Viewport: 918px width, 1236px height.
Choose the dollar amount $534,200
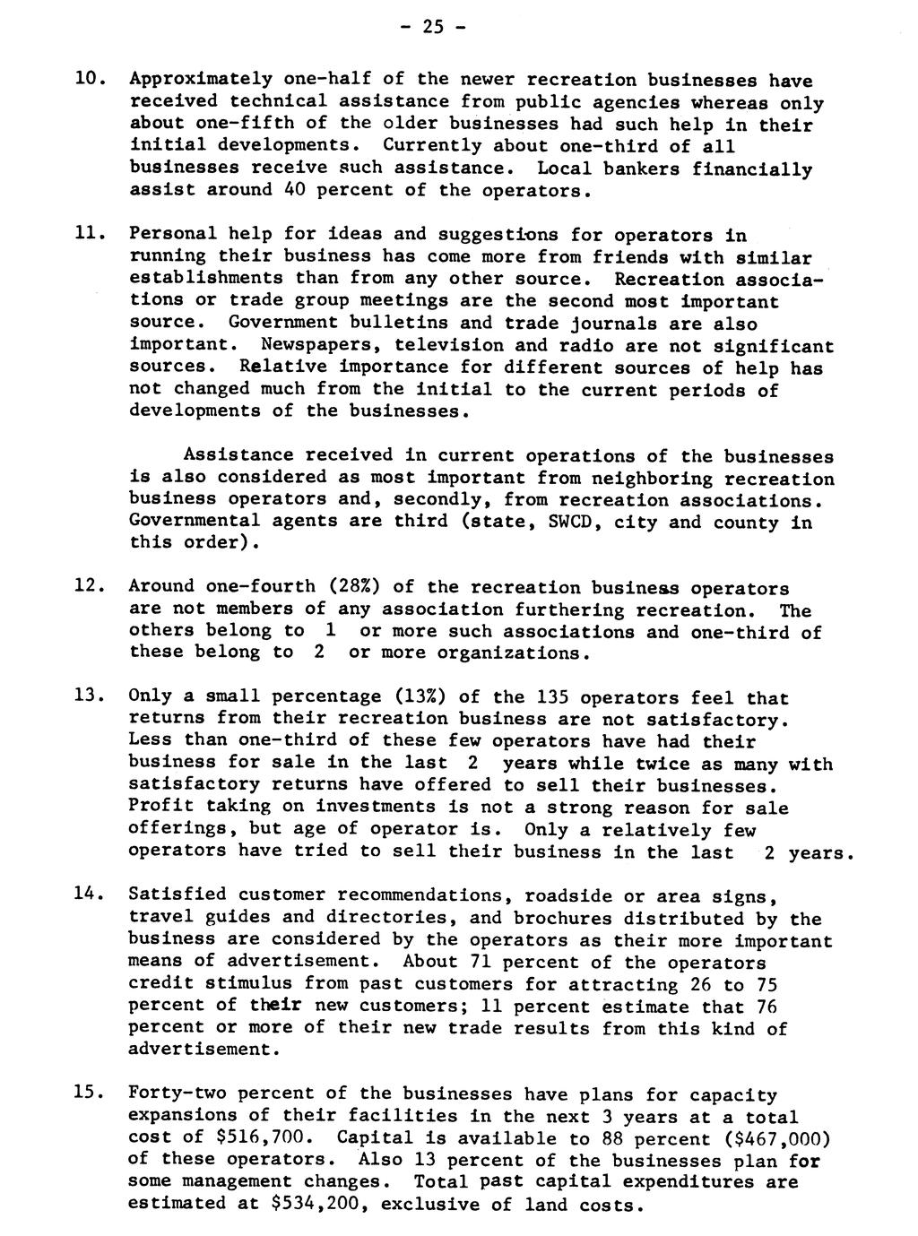(319, 1204)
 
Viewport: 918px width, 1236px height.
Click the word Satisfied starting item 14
(178, 895)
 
